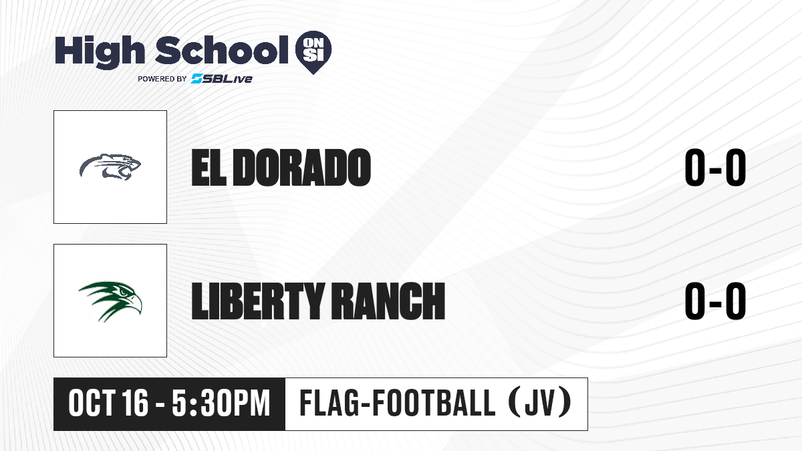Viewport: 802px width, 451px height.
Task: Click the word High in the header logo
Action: [x=100, y=51]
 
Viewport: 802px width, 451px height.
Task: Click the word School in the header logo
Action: [x=222, y=49]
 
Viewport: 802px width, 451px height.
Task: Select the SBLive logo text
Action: [x=222, y=78]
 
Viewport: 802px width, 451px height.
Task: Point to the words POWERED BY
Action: [x=162, y=79]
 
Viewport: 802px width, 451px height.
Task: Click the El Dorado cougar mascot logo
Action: [x=110, y=167]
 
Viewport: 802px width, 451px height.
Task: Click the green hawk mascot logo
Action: [x=110, y=301]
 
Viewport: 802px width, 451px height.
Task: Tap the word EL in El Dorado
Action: [x=209, y=168]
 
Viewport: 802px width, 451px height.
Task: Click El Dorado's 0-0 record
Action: [x=715, y=168]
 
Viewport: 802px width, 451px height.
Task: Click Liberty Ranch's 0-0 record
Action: [x=715, y=301]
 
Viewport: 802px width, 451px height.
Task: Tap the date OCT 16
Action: [x=108, y=404]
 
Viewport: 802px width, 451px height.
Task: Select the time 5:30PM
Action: [x=221, y=404]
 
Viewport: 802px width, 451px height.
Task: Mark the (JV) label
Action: [x=540, y=403]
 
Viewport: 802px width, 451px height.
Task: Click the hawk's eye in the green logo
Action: [x=124, y=292]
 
